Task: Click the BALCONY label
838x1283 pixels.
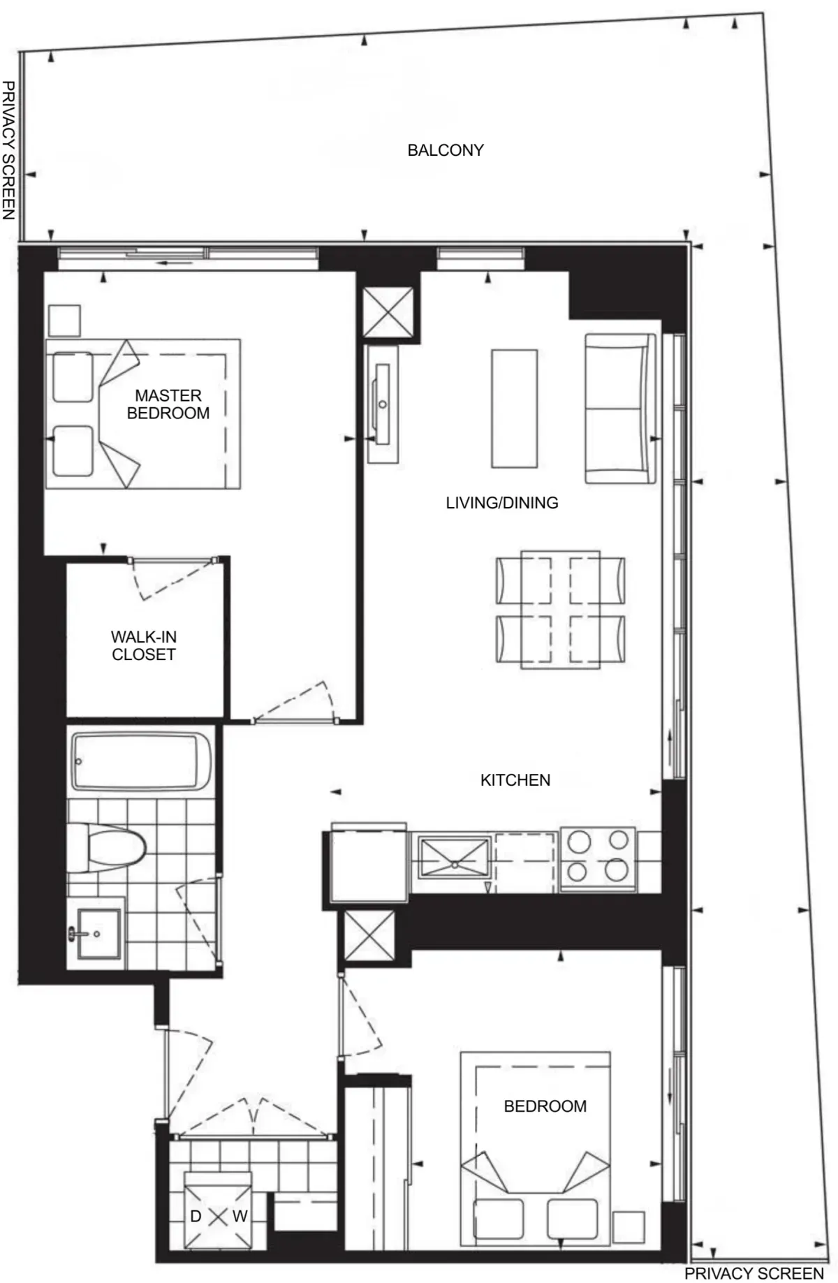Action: coord(446,150)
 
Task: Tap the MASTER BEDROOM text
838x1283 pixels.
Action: coord(168,404)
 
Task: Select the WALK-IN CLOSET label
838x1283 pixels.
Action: coord(143,645)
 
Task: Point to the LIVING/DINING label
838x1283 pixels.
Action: coord(501,503)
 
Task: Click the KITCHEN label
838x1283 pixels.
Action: coord(515,780)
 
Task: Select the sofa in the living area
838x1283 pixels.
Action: coord(620,409)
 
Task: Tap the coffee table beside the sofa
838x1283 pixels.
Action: coord(514,409)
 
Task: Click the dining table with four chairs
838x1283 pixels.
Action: coord(560,610)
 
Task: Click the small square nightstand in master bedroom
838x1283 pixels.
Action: coord(64,321)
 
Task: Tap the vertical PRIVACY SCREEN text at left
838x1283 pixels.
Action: coord(8,149)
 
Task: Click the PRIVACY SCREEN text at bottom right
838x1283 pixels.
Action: coord(754,1273)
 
